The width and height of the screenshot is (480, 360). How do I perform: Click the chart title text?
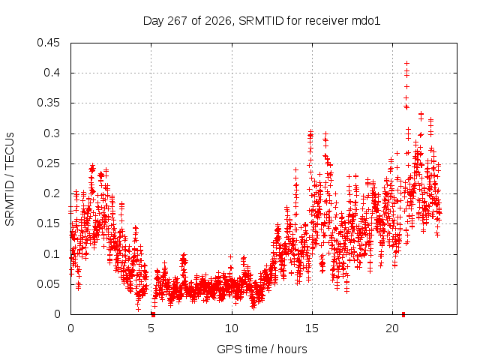coord(262,21)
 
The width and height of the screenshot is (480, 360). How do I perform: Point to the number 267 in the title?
coord(178,21)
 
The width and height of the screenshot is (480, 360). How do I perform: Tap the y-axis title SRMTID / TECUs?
coord(10,179)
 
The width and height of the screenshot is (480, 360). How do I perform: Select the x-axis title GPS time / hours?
coord(262,349)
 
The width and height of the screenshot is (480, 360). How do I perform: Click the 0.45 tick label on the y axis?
coord(48,43)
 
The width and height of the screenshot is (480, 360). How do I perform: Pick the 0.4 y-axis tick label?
coord(52,73)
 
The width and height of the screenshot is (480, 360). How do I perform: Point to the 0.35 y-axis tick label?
coord(48,103)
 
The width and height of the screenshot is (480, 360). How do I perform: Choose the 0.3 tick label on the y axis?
coord(52,133)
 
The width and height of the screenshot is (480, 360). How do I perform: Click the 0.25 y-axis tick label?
coord(48,163)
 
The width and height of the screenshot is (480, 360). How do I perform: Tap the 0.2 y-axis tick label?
coord(52,193)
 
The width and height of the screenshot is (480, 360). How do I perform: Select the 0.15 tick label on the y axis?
coord(48,223)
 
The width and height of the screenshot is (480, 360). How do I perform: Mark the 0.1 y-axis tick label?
coord(52,254)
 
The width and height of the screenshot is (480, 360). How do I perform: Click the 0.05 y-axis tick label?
coord(48,284)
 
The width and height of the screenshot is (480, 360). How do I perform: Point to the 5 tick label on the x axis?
coord(151,328)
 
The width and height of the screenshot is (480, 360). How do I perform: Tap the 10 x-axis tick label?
coord(232,328)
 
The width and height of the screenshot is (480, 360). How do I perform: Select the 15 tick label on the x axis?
coord(312,328)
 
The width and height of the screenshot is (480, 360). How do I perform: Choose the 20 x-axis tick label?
coord(392,328)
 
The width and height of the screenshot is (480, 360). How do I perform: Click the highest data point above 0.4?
coord(406,63)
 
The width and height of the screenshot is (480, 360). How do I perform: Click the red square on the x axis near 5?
coord(153,314)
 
